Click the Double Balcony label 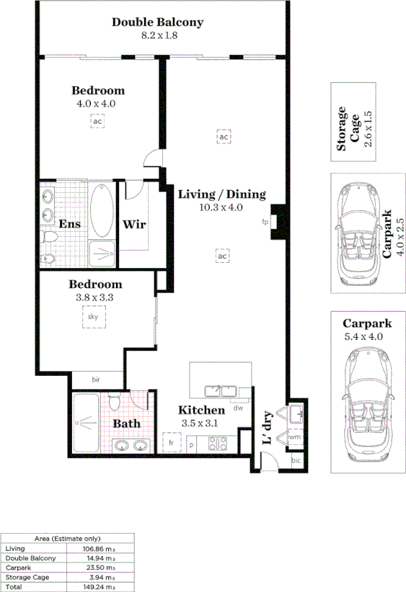(157, 22)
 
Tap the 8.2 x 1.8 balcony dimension (157, 35)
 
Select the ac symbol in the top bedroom (97, 121)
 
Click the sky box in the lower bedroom (93, 317)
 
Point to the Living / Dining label (221, 194)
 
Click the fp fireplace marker (265, 223)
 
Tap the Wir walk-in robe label (134, 224)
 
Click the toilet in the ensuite (50, 236)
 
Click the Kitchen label (202, 410)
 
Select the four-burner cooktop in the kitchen (218, 444)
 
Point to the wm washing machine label (294, 436)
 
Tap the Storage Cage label (348, 130)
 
